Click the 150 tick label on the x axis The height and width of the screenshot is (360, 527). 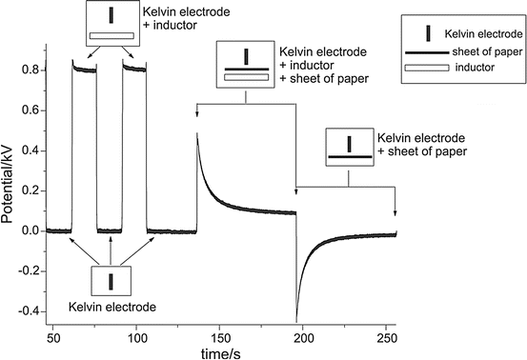220,335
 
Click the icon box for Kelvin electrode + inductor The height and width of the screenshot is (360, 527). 112,26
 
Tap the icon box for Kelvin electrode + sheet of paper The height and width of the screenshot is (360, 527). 349,150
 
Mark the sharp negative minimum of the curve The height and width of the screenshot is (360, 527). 296,320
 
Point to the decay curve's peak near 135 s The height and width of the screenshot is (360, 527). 197,133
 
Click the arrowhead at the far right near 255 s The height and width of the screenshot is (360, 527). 395,212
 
